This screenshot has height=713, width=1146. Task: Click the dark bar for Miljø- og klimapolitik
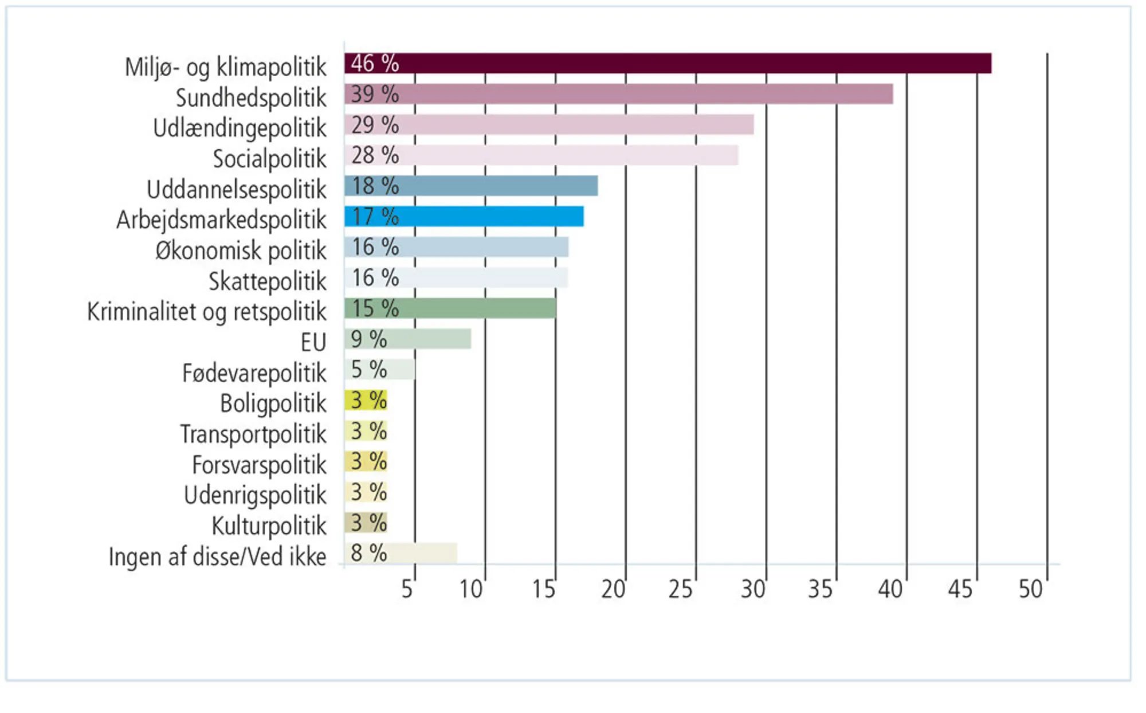point(668,64)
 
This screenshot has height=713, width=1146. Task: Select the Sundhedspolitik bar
point(619,94)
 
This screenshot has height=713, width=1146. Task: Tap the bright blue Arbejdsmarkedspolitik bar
point(464,217)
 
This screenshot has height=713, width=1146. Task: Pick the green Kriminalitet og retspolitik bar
point(450,308)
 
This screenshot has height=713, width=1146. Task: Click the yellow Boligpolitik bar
point(366,400)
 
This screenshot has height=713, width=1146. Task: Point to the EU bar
point(408,339)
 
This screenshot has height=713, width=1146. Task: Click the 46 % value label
point(375,64)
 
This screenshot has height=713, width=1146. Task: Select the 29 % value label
point(375,125)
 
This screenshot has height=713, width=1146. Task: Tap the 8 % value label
point(368,553)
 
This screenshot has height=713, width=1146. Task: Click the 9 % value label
point(368,339)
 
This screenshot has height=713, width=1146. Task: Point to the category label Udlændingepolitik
point(240,128)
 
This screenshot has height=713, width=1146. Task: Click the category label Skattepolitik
point(267,281)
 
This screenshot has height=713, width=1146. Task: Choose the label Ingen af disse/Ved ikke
point(217,557)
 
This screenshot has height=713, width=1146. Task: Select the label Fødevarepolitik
point(254,373)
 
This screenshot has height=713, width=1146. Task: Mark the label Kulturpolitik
point(269,526)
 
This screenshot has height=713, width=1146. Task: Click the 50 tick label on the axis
point(1030,589)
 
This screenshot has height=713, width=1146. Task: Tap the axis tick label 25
point(680,589)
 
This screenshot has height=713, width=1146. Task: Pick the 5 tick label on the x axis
point(407,589)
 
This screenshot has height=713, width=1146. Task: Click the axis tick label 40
point(890,589)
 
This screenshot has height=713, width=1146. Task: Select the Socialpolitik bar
point(541,155)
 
